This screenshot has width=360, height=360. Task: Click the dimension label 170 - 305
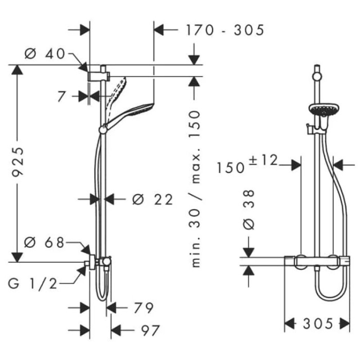click(x=225, y=30)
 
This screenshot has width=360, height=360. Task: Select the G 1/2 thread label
click(x=32, y=284)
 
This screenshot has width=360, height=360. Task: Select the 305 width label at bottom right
click(x=317, y=324)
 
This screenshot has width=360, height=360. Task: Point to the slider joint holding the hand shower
click(x=103, y=129)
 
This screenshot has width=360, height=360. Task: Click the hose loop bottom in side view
click(x=103, y=297)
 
